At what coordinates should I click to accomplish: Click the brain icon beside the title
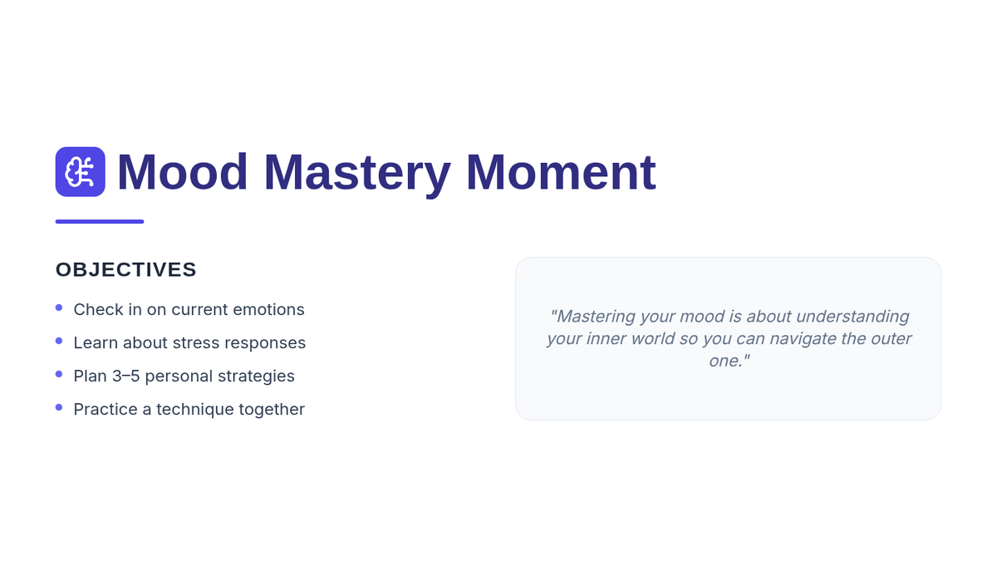80,172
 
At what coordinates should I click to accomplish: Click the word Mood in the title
182,172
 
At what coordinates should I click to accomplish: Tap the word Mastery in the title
357,174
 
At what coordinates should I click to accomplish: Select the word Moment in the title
561,172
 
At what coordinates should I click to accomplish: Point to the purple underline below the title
100,221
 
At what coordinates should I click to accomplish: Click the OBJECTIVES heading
126,269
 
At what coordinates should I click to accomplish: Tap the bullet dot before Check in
59,308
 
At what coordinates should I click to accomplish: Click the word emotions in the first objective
268,309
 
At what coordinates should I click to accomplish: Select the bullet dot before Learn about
59,341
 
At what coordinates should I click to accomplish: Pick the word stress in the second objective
196,342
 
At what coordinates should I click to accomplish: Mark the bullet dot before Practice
59,407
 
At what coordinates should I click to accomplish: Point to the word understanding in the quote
852,317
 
